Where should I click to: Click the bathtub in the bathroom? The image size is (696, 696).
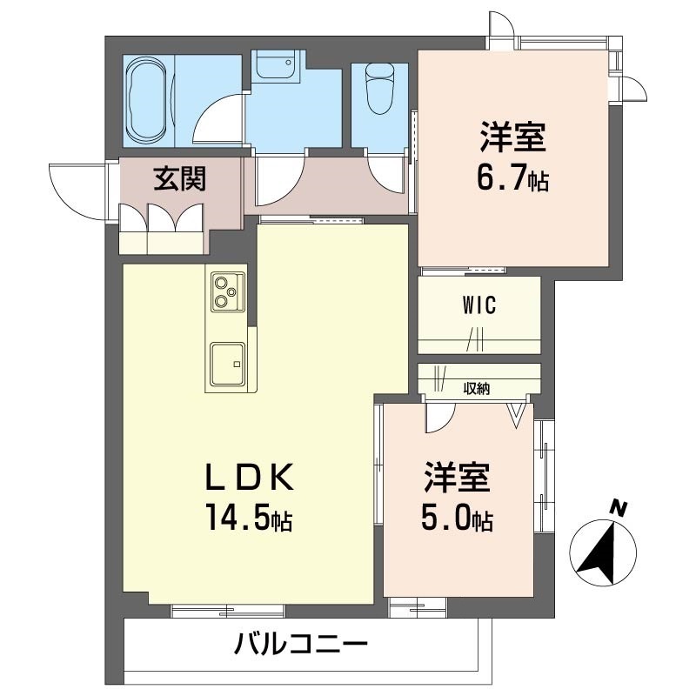(145, 103)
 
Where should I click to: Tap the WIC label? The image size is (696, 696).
(478, 305)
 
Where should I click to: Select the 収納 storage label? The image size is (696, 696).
(476, 389)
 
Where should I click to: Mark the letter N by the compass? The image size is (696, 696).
(619, 508)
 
